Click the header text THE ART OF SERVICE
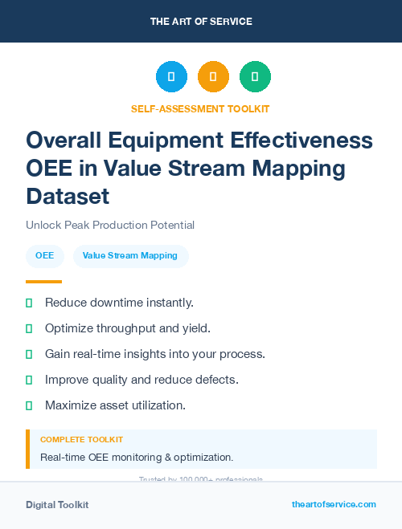pyautogui.click(x=201, y=21)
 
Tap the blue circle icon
pyautogui.click(x=171, y=76)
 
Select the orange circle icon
pyautogui.click(x=213, y=76)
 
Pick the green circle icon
pyautogui.click(x=255, y=76)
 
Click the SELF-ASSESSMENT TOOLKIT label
pyautogui.click(x=200, y=108)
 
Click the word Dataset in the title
pyautogui.click(x=68, y=196)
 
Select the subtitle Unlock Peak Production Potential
pyautogui.click(x=110, y=225)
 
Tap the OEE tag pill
pyautogui.click(x=44, y=256)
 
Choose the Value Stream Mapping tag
pyautogui.click(x=130, y=256)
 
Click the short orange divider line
pyautogui.click(x=43, y=282)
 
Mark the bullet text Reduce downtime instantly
pyautogui.click(x=119, y=303)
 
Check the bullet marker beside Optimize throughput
pyautogui.click(x=29, y=328)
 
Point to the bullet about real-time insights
pyautogui.click(x=155, y=353)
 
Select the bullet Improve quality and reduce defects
pyautogui.click(x=142, y=379)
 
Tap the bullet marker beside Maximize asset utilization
pyautogui.click(x=29, y=405)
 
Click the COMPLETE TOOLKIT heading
pyautogui.click(x=81, y=440)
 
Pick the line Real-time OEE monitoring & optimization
pyautogui.click(x=137, y=458)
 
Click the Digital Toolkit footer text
pyautogui.click(x=57, y=505)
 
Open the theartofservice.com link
pyautogui.click(x=334, y=504)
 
